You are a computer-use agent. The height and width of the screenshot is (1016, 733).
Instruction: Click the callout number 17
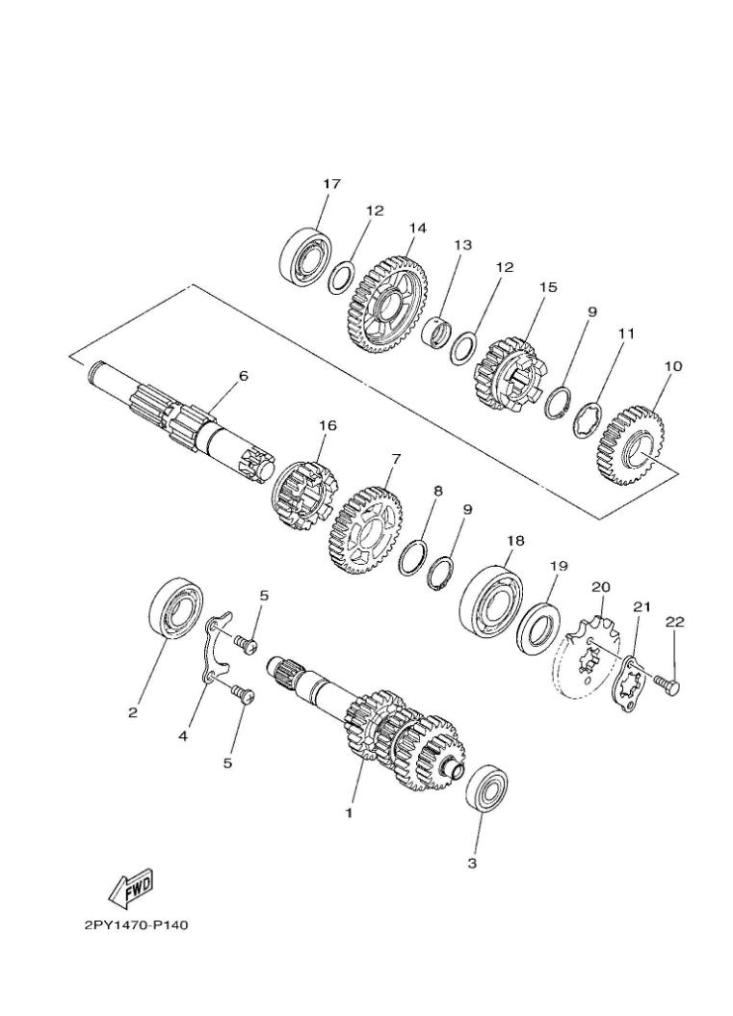[331, 183]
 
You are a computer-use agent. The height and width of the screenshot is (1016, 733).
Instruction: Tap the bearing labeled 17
[306, 255]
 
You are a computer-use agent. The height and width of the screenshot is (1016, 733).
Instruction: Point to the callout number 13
[462, 245]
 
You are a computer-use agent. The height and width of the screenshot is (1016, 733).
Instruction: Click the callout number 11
[626, 334]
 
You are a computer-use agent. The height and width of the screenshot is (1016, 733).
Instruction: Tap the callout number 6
[243, 376]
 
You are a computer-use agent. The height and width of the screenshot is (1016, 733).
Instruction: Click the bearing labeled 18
[491, 601]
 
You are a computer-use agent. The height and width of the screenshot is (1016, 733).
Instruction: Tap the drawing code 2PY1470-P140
[136, 926]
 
